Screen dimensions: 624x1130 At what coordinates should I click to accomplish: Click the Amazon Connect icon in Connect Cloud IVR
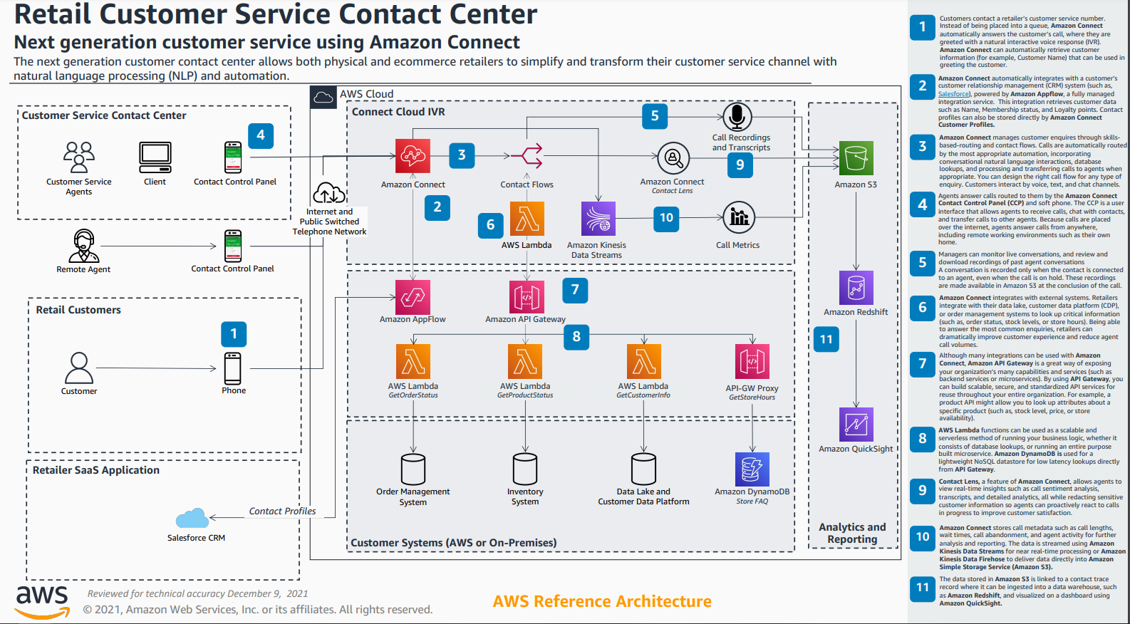(413, 156)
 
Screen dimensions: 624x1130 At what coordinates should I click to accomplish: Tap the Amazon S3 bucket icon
(856, 158)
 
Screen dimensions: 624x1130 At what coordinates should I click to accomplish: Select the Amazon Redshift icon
(856, 288)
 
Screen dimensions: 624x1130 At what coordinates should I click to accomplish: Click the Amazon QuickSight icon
(856, 425)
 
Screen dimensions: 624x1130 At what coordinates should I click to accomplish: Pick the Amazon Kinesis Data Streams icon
(598, 219)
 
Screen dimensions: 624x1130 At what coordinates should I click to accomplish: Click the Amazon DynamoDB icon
(752, 469)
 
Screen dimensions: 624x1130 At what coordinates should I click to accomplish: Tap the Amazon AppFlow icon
(413, 297)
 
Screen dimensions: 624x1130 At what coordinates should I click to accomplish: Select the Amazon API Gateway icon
(527, 297)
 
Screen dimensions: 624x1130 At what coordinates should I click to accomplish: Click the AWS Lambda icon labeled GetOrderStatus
(413, 361)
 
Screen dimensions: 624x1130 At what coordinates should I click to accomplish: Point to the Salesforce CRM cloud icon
(192, 519)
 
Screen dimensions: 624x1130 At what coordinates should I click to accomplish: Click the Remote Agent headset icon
(84, 246)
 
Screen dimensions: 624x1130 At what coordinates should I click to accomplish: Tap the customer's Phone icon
(233, 368)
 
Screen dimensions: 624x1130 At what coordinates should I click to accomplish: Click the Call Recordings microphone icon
(737, 117)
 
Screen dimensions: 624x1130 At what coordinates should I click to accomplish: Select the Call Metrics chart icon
(739, 217)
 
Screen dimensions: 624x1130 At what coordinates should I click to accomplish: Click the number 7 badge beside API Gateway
(575, 290)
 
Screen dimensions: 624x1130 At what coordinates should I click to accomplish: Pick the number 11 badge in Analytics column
(826, 339)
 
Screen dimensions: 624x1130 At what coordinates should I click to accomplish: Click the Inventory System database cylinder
(525, 469)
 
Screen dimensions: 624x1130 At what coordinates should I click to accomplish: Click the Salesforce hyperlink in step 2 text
(953, 94)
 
